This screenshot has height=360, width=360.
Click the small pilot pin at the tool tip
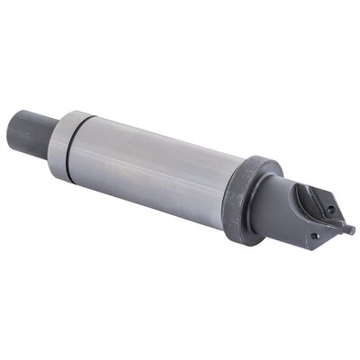pyautogui.click(x=346, y=229)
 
